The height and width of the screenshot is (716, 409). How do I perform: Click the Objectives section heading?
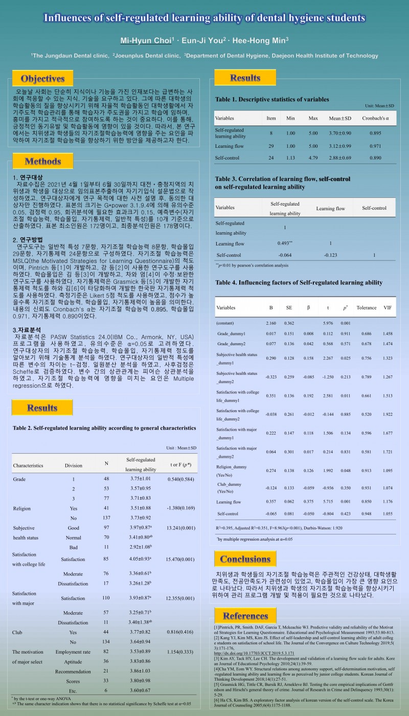tap(42, 78)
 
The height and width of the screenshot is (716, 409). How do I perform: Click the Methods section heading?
tap(42, 162)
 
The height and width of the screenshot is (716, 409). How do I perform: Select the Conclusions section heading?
tap(245, 559)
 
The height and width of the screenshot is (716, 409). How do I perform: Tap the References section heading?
tap(245, 615)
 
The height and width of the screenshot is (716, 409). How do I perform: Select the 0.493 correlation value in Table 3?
tap(285, 243)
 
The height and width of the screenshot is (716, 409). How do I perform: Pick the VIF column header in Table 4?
tap(388, 308)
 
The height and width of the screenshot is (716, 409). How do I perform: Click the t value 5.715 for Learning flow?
tap(328, 502)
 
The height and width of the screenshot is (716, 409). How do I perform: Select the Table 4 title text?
tap(299, 282)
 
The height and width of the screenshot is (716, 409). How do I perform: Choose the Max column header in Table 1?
tap(313, 118)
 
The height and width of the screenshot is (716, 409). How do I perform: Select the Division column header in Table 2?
tap(73, 466)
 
